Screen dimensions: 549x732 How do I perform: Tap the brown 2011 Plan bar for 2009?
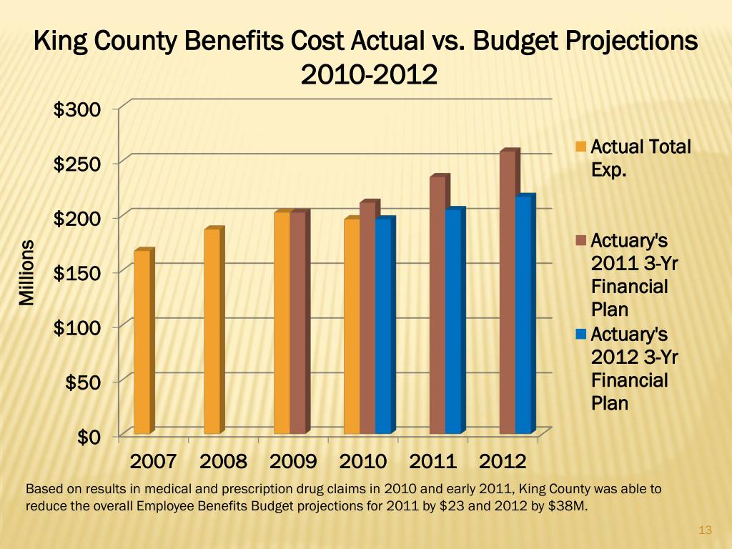pos(298,322)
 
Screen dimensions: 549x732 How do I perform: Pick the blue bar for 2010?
pos(383,325)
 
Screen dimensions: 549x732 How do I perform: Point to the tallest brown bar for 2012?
pos(508,292)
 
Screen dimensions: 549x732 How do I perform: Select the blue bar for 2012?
pos(523,315)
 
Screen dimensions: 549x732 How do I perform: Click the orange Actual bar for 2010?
pos(352,326)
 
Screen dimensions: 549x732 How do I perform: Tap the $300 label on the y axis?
pos(77,109)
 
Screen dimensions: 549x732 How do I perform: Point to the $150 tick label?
pos(77,272)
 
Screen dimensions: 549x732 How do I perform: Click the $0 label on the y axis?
pos(89,437)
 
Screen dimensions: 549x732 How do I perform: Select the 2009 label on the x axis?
pos(293,461)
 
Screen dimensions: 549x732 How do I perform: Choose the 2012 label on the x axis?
pos(503,461)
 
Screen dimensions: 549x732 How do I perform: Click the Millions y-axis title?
pos(26,272)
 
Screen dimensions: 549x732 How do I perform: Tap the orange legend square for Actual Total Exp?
pos(581,147)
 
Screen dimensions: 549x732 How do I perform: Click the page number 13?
pos(705,530)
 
